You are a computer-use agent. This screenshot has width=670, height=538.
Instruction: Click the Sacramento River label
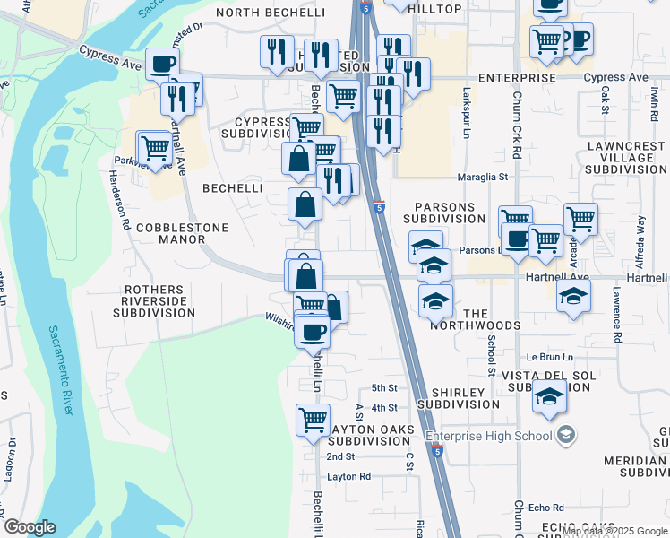click(x=60, y=369)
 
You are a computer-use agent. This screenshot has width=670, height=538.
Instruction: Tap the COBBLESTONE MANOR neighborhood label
click(x=182, y=234)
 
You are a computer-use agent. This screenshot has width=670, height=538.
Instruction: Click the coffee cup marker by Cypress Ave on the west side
click(x=162, y=65)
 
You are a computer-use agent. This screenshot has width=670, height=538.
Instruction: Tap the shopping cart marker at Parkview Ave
click(x=154, y=148)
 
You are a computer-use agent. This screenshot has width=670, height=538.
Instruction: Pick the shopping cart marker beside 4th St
click(x=313, y=420)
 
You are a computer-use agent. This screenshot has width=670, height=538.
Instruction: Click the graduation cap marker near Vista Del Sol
click(x=549, y=396)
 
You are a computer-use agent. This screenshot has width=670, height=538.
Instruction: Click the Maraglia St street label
click(x=484, y=178)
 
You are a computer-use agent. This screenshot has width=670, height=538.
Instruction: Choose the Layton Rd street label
click(x=348, y=477)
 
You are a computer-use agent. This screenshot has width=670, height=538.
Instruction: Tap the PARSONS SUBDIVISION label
click(x=443, y=212)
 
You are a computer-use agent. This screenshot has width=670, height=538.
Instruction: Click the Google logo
click(x=30, y=527)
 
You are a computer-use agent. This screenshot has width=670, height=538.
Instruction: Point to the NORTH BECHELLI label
click(x=257, y=12)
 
